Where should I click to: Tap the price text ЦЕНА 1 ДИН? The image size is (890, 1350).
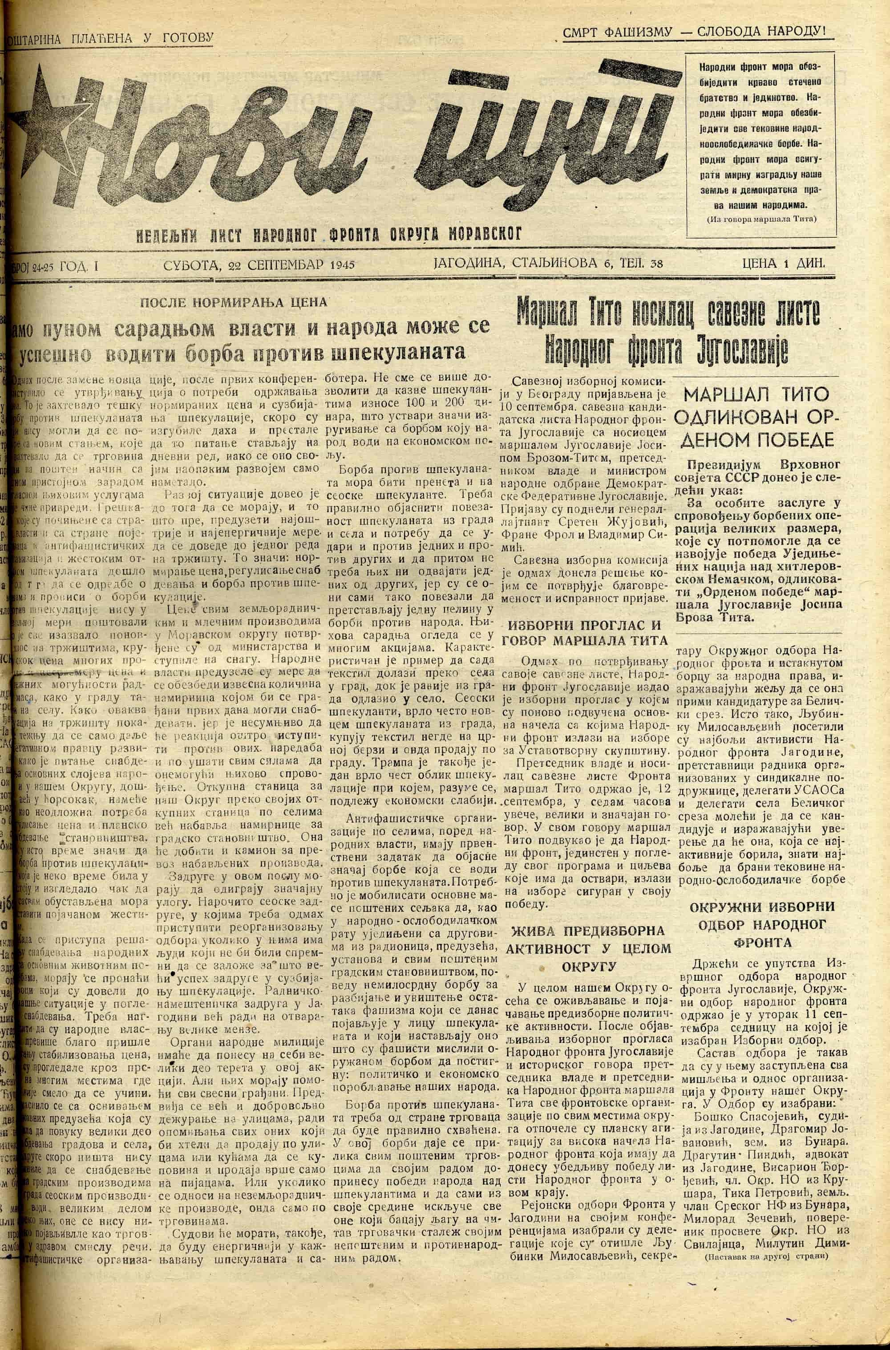(783, 263)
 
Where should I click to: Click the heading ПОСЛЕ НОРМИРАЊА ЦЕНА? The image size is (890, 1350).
(234, 302)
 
